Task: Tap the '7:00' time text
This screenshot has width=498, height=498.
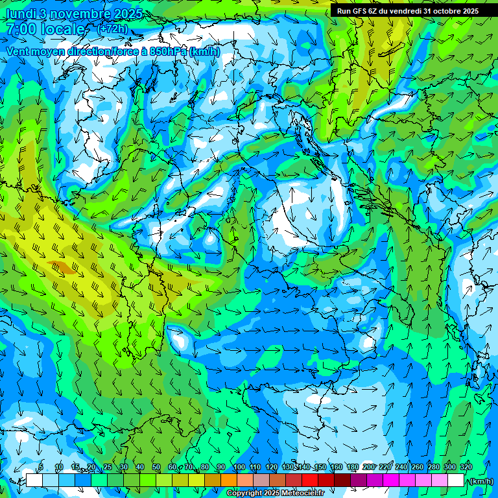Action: pyautogui.click(x=21, y=29)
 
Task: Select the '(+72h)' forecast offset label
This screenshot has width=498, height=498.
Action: pyautogui.click(x=113, y=29)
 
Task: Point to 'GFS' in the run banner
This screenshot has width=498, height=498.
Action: pyautogui.click(x=362, y=11)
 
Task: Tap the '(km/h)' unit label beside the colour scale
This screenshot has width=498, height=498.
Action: pyautogui.click(x=481, y=481)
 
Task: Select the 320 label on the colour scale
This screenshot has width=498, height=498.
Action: pyautogui.click(x=464, y=468)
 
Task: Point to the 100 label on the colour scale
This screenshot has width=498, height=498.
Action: pyautogui.click(x=239, y=468)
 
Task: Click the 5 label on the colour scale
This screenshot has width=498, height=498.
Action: pyautogui.click(x=41, y=468)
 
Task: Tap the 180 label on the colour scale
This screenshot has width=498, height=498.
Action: pyautogui.click(x=352, y=468)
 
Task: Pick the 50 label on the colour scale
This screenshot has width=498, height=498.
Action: pyautogui.click(x=156, y=468)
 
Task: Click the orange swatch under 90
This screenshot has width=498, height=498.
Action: pyautogui.click(x=229, y=480)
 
